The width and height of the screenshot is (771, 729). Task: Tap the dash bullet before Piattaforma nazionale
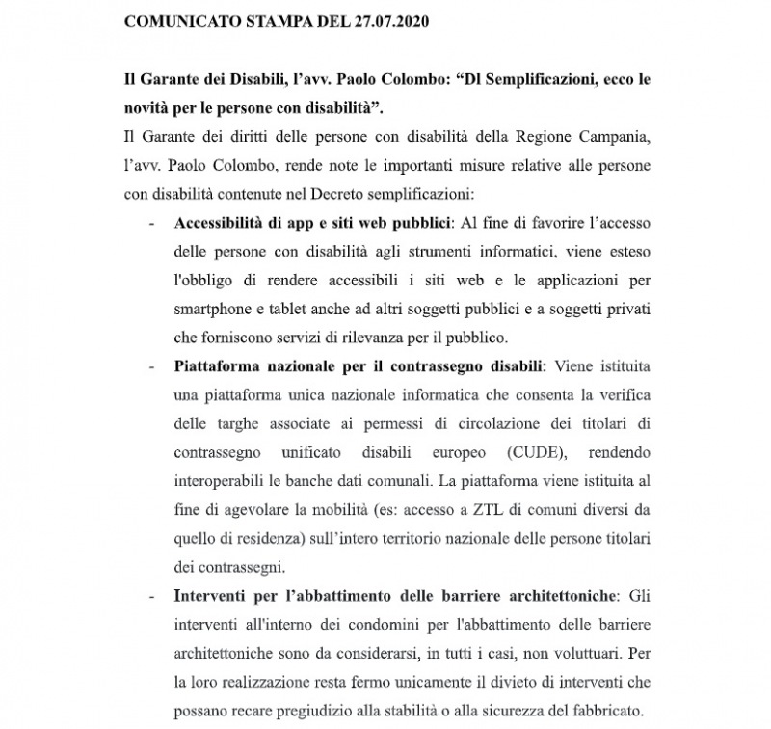click(x=151, y=368)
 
